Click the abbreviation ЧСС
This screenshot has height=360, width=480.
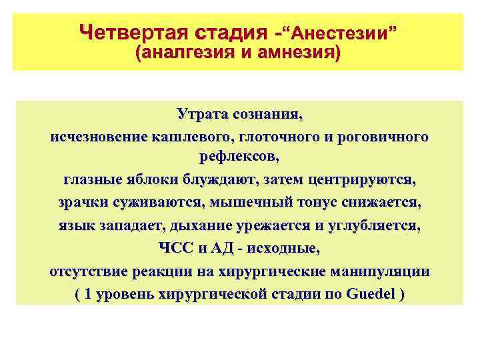[176, 249]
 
